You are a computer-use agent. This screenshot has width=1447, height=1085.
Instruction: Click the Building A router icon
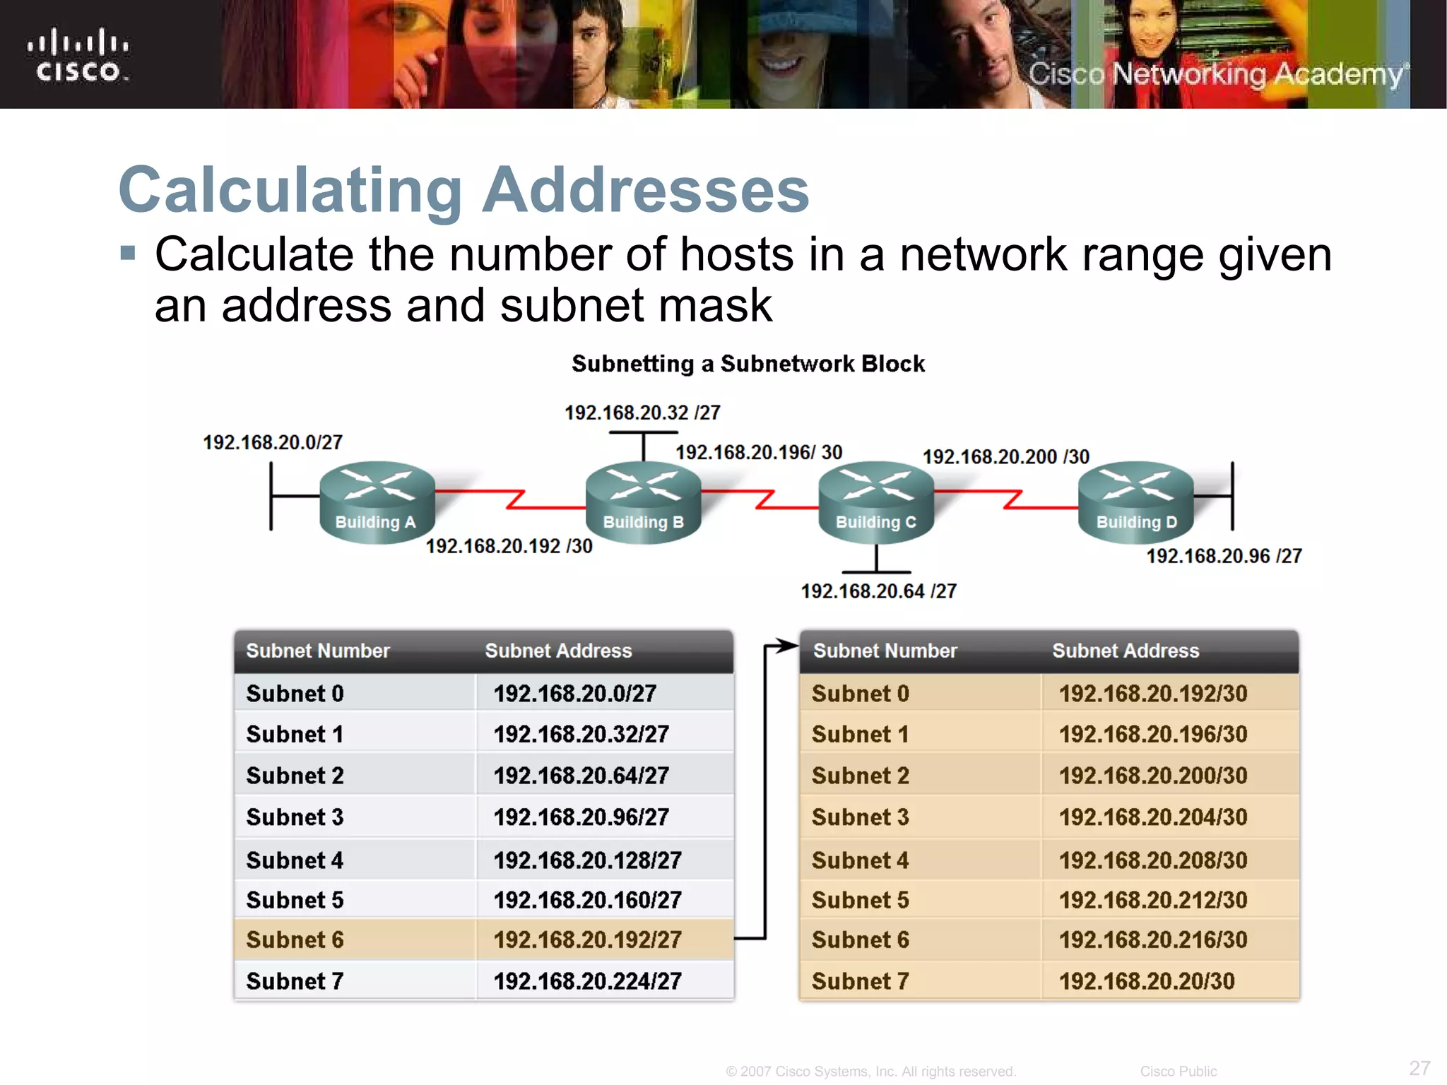[377, 501]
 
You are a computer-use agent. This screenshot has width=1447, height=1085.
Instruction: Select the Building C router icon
[876, 501]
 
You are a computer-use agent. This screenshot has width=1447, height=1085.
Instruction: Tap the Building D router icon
[1136, 501]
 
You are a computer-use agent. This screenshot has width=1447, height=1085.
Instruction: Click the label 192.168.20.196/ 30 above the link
[759, 452]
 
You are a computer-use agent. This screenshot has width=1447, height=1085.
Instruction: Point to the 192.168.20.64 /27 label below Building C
[878, 591]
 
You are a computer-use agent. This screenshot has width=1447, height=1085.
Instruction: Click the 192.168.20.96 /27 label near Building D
[1224, 556]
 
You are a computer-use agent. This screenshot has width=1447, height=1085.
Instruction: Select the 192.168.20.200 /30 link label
[1006, 457]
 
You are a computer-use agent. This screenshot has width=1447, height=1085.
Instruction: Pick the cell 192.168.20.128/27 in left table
[587, 860]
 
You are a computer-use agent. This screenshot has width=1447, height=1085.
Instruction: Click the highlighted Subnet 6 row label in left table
[295, 940]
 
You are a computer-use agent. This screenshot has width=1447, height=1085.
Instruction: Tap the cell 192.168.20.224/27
[587, 981]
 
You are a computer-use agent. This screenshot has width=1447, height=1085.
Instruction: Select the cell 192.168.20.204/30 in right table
[1153, 817]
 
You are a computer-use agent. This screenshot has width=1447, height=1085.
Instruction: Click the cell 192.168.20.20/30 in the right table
[1147, 981]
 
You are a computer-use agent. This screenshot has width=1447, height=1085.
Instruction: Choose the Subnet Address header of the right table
[1126, 651]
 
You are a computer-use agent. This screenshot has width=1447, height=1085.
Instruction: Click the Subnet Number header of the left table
[317, 651]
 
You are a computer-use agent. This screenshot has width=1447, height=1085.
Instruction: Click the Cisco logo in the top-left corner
[78, 56]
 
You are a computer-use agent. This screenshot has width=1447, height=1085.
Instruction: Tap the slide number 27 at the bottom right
[1419, 1067]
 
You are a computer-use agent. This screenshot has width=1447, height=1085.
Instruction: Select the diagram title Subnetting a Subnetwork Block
[748, 364]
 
